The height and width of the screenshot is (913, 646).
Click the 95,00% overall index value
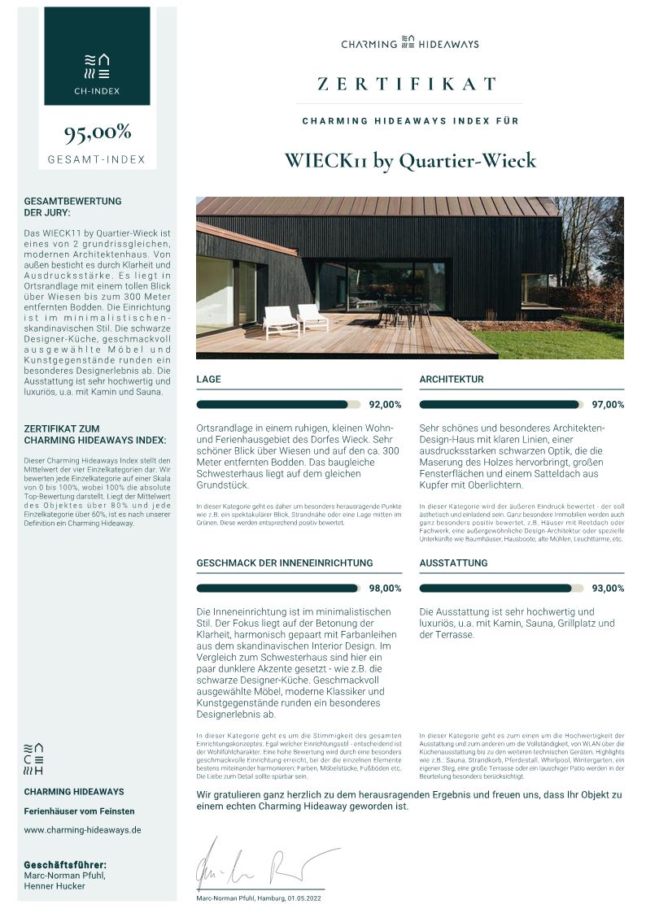pos(97,132)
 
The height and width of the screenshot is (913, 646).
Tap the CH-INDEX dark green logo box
pos(97,56)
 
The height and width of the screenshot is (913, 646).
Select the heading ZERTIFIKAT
pos(407,84)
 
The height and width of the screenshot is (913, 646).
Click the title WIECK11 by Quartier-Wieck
pos(410,160)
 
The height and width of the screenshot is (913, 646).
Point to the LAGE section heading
pos(209,380)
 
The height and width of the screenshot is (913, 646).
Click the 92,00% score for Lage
pos(385,404)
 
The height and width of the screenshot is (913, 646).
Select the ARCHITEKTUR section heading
pos(452,380)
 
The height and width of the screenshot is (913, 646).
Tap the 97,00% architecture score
pos(608,404)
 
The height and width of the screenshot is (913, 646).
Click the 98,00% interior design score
pos(385,588)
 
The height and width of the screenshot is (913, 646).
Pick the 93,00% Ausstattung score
pos(608,588)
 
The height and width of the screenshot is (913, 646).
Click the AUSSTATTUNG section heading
pos(453,563)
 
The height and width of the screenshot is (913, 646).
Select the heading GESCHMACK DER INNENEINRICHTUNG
pos(285,563)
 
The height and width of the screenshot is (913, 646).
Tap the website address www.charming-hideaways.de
pos(82,830)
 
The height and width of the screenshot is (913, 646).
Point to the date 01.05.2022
pos(303,898)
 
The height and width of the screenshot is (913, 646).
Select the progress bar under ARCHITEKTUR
pos(500,404)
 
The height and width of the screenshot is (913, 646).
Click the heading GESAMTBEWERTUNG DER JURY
pos(72,207)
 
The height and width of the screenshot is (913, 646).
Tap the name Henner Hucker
pos(55,885)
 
